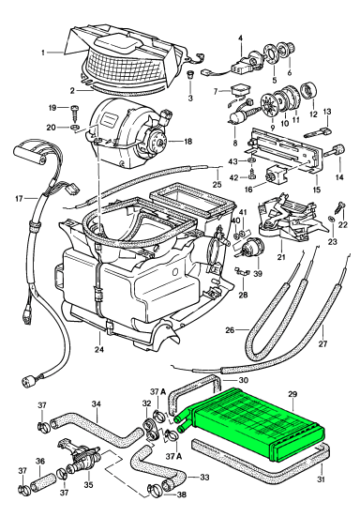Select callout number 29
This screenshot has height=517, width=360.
point(292,394)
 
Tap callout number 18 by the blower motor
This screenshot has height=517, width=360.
point(187,142)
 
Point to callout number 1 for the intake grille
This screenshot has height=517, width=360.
point(43,53)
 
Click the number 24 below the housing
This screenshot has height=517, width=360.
point(99,349)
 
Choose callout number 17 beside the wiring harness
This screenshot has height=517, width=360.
point(19,199)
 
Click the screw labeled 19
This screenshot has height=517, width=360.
point(74,112)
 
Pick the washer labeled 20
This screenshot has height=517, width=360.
point(75,127)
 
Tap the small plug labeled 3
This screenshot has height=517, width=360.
point(190,74)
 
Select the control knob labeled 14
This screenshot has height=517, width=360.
point(336,150)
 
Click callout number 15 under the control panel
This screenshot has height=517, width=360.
point(317,190)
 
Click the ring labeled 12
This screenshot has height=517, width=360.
point(308,90)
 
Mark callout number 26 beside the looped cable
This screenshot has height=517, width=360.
point(231,329)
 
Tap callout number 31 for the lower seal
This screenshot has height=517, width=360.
point(322,479)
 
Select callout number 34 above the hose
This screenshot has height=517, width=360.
point(96,403)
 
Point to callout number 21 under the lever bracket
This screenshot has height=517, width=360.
point(281,256)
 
